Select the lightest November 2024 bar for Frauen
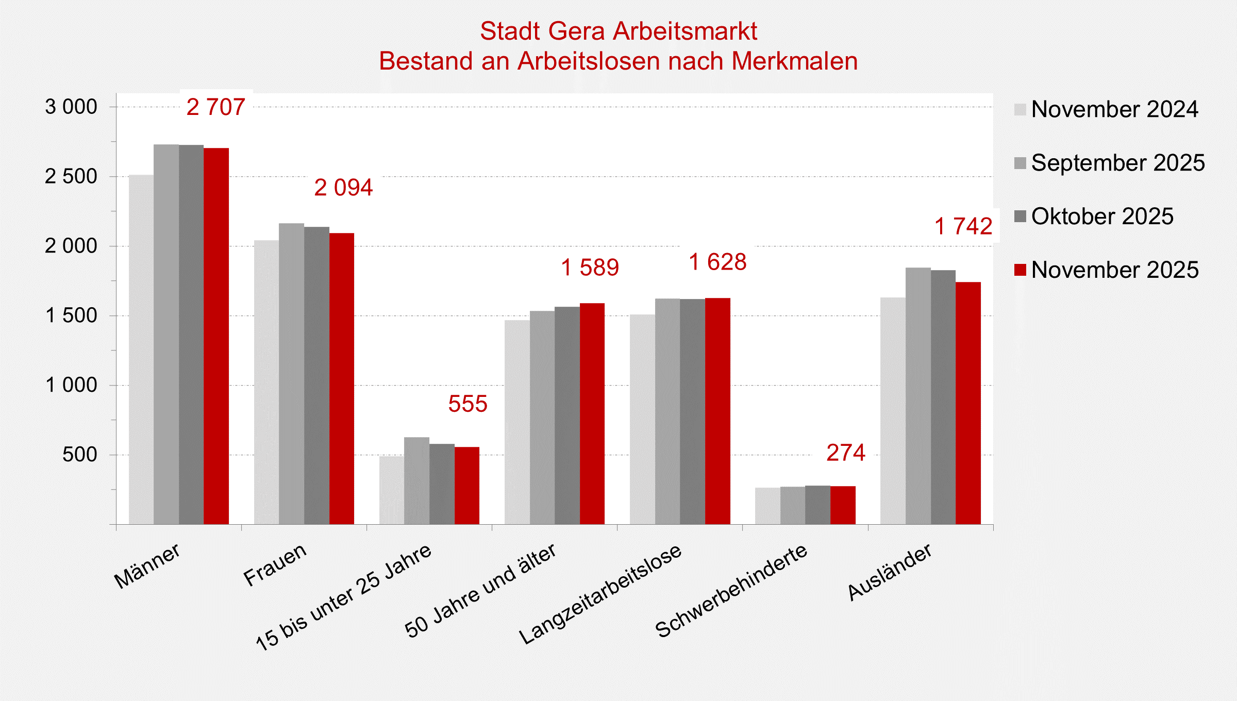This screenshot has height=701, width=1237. (266, 382)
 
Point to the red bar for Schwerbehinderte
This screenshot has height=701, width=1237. (843, 505)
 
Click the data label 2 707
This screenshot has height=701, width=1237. (215, 107)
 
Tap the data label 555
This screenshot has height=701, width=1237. (467, 404)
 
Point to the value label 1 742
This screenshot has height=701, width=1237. (963, 226)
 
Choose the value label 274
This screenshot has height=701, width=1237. (846, 453)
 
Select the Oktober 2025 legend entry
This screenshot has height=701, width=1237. (1102, 216)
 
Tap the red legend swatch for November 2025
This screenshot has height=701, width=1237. (1020, 270)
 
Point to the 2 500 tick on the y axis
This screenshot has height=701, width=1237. (71, 177)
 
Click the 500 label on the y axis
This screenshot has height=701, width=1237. (79, 455)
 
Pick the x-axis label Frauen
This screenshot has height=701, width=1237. (275, 565)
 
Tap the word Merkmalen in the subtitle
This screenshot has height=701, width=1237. (794, 61)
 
